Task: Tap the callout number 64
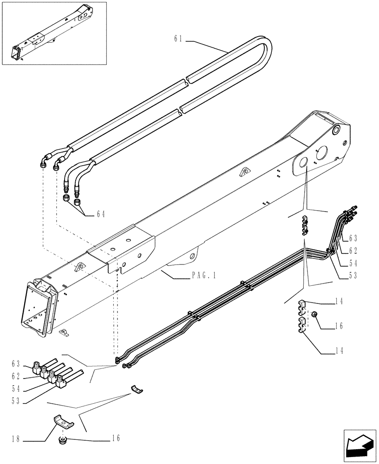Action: pos(101,214)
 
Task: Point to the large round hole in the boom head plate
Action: pos(302,162)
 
